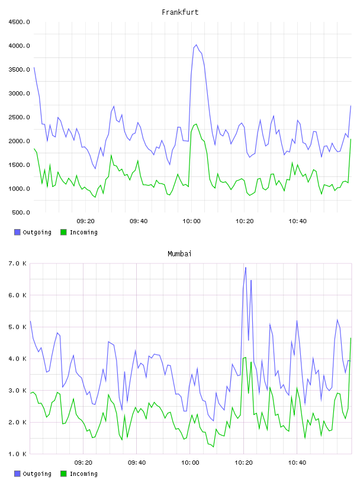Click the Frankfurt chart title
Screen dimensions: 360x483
(x=180, y=12)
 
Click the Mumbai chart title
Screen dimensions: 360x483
(x=179, y=253)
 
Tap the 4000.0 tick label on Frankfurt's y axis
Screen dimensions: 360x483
(x=19, y=46)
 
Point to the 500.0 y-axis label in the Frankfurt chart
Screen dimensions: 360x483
(x=21, y=212)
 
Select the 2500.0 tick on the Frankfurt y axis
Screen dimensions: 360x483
(x=19, y=117)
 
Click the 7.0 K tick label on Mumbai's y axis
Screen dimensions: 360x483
(x=18, y=263)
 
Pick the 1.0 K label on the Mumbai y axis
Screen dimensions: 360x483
(x=18, y=454)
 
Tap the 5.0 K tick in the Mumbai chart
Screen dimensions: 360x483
(x=18, y=327)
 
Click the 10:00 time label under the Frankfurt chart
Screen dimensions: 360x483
(x=191, y=221)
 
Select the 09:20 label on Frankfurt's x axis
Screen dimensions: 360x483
(x=85, y=221)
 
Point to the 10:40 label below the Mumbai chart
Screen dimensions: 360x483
(x=297, y=463)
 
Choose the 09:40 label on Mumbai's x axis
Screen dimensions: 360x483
(x=137, y=463)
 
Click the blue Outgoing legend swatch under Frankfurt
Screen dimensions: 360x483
(x=17, y=232)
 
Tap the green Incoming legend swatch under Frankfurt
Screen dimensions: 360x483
(x=63, y=232)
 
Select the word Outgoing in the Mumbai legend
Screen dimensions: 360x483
(x=37, y=474)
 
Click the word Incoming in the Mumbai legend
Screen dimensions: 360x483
(x=83, y=474)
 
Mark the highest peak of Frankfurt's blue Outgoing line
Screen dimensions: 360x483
(x=197, y=44)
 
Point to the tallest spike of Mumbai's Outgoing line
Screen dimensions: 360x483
(x=246, y=268)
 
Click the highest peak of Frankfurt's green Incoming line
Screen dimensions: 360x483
(x=197, y=124)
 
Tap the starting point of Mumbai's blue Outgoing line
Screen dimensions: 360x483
(x=30, y=321)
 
